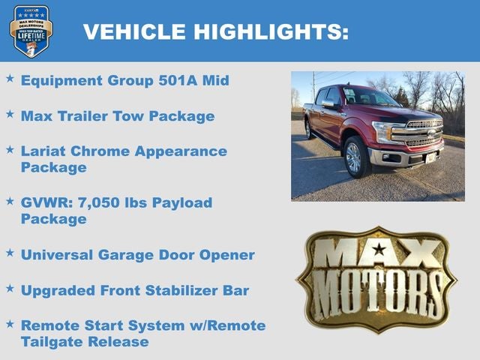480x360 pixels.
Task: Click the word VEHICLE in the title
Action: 133,31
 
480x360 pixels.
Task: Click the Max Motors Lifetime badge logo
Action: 31,31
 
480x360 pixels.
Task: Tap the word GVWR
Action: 45,202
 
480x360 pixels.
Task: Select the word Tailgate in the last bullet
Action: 52,342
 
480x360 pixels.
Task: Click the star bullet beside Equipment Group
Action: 10,78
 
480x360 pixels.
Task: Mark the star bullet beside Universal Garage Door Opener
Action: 10,252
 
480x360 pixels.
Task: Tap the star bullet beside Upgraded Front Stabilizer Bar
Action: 10,287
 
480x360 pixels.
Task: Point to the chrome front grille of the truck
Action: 423,133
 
